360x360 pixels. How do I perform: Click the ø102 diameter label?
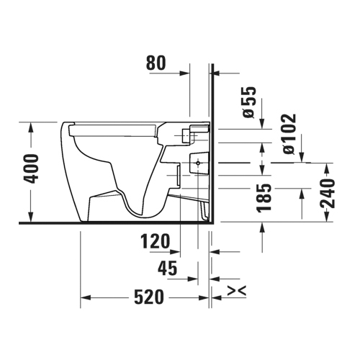[x=288, y=135]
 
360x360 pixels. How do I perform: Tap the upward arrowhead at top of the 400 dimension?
[x=30, y=127]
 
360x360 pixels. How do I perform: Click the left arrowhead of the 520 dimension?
[x=84, y=297]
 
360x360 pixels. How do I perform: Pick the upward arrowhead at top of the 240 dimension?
[x=328, y=168]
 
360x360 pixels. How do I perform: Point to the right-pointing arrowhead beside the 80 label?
[x=186, y=73]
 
